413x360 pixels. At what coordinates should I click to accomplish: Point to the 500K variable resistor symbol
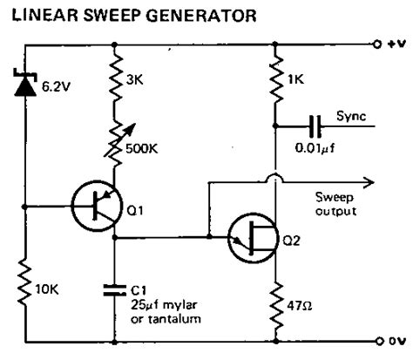point(115,138)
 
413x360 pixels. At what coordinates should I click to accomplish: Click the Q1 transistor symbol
point(97,207)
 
